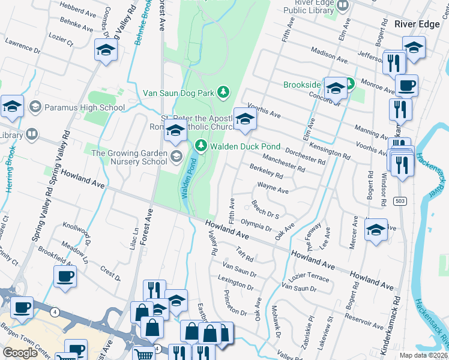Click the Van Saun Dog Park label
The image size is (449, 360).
(x=179, y=93)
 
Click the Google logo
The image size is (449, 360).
(x=20, y=353)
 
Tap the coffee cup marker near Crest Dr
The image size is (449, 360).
(x=65, y=277)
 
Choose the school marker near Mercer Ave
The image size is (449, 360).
(x=376, y=230)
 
